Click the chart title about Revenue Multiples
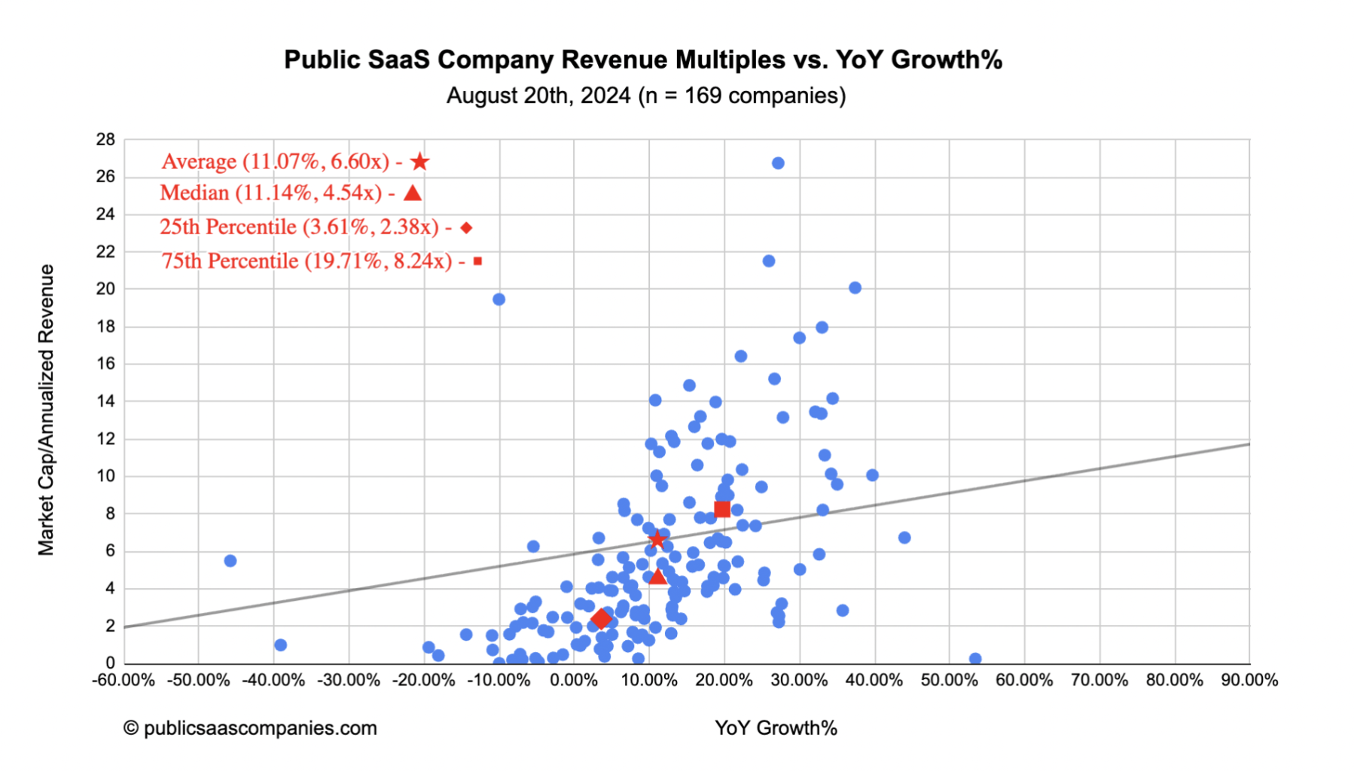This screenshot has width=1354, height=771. click(x=642, y=59)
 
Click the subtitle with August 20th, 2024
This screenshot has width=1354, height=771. click(x=645, y=96)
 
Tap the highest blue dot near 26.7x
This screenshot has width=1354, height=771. click(x=778, y=163)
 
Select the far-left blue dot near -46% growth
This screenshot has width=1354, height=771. click(x=230, y=561)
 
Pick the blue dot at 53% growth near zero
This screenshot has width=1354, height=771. click(x=975, y=659)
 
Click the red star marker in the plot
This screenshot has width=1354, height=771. click(x=657, y=540)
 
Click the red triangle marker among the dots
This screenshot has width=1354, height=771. click(x=657, y=577)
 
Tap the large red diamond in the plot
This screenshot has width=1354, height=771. click(x=601, y=619)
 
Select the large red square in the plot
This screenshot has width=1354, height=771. click(x=722, y=510)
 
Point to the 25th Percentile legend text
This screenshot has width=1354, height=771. click(x=299, y=227)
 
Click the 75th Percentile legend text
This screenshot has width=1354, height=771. click(x=306, y=261)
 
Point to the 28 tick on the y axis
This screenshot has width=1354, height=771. click(x=105, y=139)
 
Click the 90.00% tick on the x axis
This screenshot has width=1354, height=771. click(x=1249, y=681)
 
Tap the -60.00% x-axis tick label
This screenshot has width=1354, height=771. click(x=124, y=681)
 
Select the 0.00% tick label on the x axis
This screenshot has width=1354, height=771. click(x=574, y=681)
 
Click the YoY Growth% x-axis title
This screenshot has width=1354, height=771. click(x=776, y=728)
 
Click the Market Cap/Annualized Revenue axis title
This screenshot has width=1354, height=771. click(x=47, y=410)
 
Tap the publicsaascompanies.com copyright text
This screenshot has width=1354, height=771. click(x=251, y=728)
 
